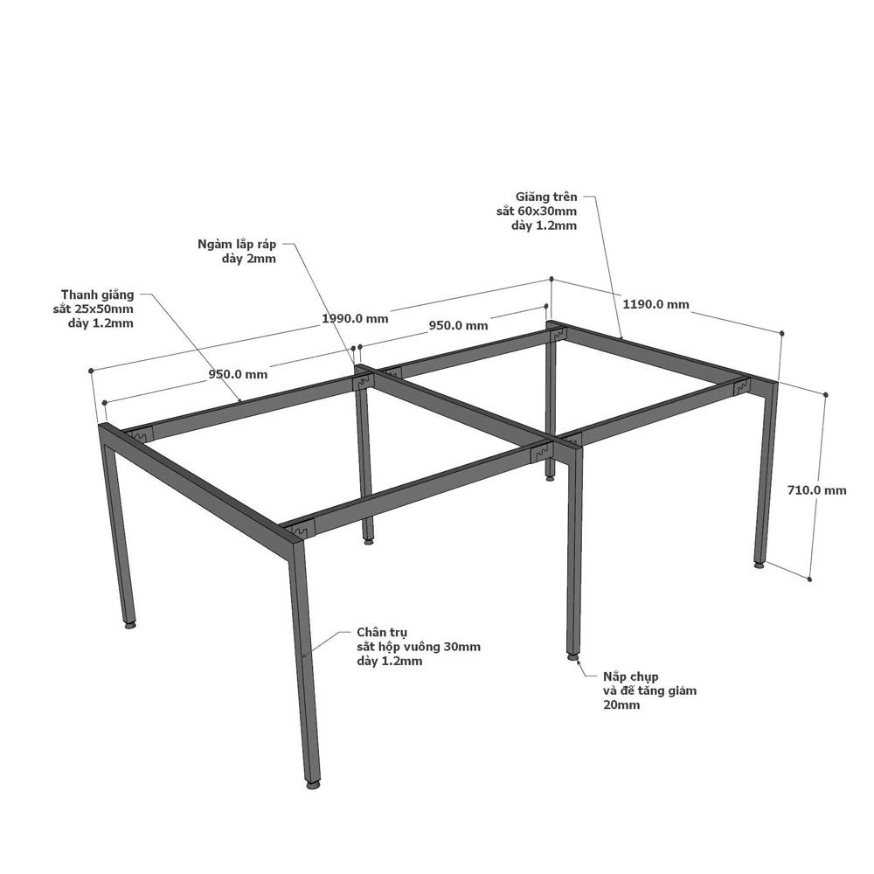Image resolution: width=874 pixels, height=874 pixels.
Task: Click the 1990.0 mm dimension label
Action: pyautogui.click(x=355, y=318)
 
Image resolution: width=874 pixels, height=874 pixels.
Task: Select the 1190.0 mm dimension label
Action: pyautogui.click(x=656, y=304)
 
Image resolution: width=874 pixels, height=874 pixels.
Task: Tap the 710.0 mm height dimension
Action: pyautogui.click(x=816, y=490)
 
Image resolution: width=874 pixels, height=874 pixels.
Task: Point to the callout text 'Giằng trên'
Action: pyautogui.click(x=546, y=197)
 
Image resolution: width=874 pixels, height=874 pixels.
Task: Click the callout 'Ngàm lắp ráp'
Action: pyautogui.click(x=237, y=244)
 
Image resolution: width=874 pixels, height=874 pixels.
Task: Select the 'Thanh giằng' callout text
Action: pyautogui.click(x=98, y=295)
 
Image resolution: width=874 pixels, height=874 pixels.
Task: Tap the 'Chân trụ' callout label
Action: pyautogui.click(x=383, y=632)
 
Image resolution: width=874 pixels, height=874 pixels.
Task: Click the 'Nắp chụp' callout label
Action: pyautogui.click(x=630, y=676)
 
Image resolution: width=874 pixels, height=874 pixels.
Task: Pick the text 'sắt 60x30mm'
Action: pyautogui.click(x=537, y=212)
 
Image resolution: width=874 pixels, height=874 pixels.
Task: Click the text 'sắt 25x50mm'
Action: pyautogui.click(x=94, y=309)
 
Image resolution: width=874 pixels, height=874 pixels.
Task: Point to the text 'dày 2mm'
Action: pyautogui.click(x=248, y=259)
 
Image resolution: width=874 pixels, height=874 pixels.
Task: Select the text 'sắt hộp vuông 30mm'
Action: pyautogui.click(x=419, y=647)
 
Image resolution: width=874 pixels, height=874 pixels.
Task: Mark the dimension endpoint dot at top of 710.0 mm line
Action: pyautogui.click(x=826, y=395)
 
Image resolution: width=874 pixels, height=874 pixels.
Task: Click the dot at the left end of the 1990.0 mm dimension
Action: pyautogui.click(x=91, y=370)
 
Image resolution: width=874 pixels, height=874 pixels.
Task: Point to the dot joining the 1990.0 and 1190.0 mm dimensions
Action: pyautogui.click(x=551, y=278)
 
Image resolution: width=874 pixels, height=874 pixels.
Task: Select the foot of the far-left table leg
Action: pyautogui.click(x=130, y=625)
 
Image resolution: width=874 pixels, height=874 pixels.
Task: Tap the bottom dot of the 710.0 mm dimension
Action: pyautogui.click(x=809, y=579)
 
